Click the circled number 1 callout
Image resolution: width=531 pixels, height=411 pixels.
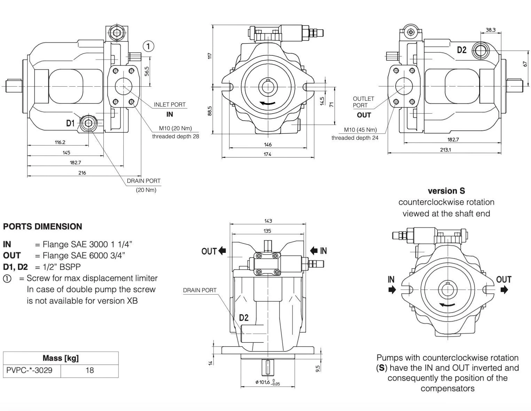click(x=148, y=46)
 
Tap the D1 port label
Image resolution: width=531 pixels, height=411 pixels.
click(x=70, y=123)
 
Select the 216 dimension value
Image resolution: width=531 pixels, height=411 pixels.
click(x=82, y=173)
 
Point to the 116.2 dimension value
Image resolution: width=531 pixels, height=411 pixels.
click(x=60, y=142)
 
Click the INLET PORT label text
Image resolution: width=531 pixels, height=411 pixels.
click(x=170, y=104)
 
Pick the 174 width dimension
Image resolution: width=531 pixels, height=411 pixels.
click(x=267, y=154)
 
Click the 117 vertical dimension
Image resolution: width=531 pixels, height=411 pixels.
click(x=210, y=56)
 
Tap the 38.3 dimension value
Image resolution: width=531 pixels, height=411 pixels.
click(x=490, y=30)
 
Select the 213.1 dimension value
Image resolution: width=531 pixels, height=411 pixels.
click(x=445, y=150)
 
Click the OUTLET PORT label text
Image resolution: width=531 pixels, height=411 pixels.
click(x=363, y=102)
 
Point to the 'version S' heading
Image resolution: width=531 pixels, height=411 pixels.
click(x=446, y=191)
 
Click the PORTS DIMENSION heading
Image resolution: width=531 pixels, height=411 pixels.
click(x=42, y=227)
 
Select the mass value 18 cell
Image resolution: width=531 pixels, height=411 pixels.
click(x=89, y=370)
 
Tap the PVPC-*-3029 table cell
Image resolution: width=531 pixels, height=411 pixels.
click(x=29, y=370)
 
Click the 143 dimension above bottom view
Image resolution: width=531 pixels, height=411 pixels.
click(x=268, y=221)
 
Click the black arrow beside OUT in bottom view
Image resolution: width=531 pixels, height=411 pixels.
click(x=222, y=250)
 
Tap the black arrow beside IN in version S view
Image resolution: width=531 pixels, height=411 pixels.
click(x=392, y=290)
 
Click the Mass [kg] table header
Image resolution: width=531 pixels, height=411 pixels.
click(x=61, y=358)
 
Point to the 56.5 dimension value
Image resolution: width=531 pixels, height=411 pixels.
click(x=147, y=71)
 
